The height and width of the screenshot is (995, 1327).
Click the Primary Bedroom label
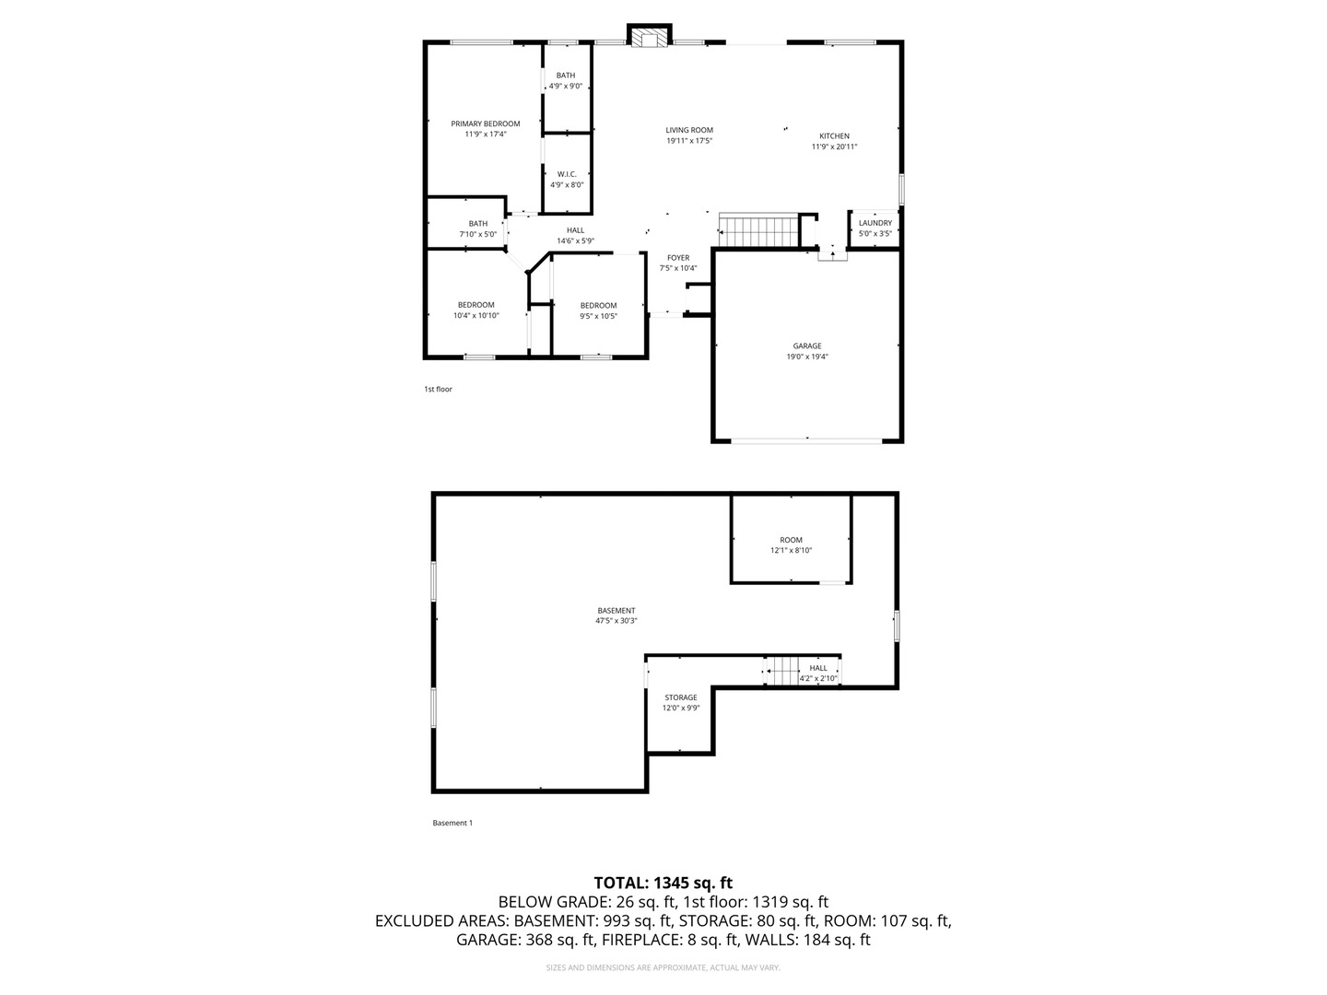coord(485,124)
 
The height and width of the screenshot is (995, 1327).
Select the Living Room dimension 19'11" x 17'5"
coord(689,141)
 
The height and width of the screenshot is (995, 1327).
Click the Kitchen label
coord(834,136)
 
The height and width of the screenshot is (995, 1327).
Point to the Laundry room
coord(875,228)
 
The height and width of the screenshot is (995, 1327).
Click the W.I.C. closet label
coord(567,174)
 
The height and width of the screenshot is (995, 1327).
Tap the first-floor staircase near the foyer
coord(758,231)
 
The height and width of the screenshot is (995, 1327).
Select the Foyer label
coord(678,258)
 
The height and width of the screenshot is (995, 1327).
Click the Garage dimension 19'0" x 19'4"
coord(807,357)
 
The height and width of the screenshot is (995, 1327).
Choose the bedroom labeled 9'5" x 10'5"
coord(598,310)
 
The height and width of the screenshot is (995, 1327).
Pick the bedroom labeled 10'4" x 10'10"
coord(476,310)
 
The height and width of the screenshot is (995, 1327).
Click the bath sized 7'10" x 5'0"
coord(477,228)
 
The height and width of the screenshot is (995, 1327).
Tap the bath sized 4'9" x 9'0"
coord(565,80)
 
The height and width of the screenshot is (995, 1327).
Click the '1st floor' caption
coord(438,389)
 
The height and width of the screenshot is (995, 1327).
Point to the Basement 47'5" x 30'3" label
coord(616,615)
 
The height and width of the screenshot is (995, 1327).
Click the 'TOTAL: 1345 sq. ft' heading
coord(663,883)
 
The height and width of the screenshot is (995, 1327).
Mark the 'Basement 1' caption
coord(452,823)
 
